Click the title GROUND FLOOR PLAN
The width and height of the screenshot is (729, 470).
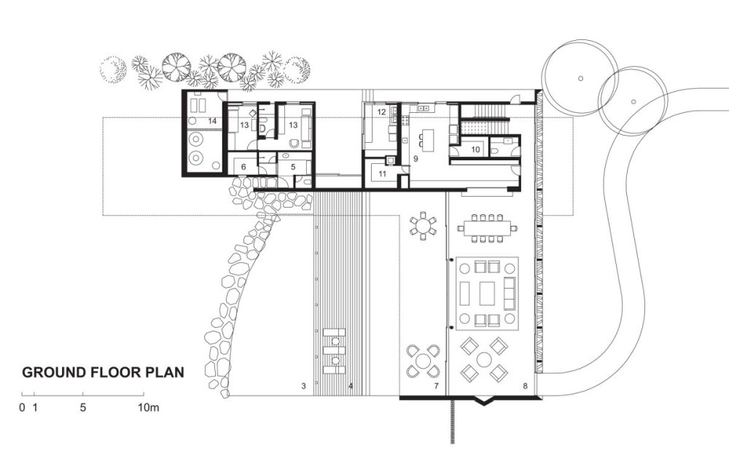(104, 372)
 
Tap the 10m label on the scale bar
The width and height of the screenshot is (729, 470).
(148, 408)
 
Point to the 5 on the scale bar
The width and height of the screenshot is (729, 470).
(83, 408)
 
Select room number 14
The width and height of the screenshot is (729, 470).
(212, 121)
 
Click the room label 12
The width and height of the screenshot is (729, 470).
(382, 112)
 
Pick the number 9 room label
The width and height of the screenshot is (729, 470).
(416, 159)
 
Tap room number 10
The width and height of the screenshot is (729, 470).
(475, 149)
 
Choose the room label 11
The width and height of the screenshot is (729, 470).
(383, 174)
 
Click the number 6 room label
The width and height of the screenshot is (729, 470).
(243, 167)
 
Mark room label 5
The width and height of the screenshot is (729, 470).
(293, 167)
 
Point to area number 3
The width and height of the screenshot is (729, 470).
(303, 386)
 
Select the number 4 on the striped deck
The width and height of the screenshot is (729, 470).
(351, 386)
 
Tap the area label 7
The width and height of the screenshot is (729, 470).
(436, 386)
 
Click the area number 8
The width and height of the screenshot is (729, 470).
(526, 386)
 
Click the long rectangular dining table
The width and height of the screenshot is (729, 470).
(488, 228)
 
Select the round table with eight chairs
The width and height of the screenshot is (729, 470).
(423, 225)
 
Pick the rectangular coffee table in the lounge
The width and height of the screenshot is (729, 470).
(487, 293)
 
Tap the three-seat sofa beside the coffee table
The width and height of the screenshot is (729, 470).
(510, 294)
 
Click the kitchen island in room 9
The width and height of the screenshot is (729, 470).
(427, 141)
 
